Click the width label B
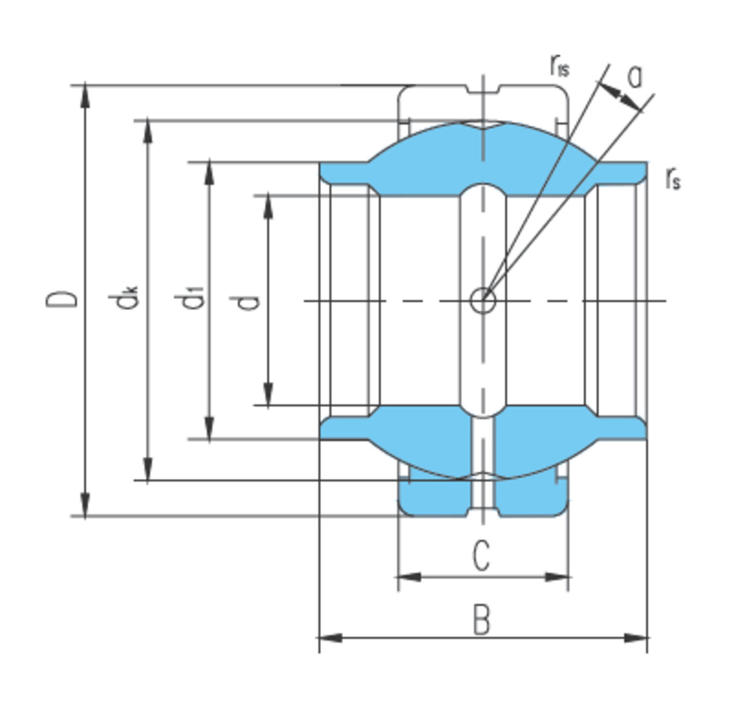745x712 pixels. pyautogui.click(x=481, y=619)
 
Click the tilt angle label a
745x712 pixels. pyautogui.click(x=635, y=76)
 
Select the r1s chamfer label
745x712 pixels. pyautogui.click(x=560, y=65)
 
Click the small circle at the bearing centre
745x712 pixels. pyautogui.click(x=483, y=300)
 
